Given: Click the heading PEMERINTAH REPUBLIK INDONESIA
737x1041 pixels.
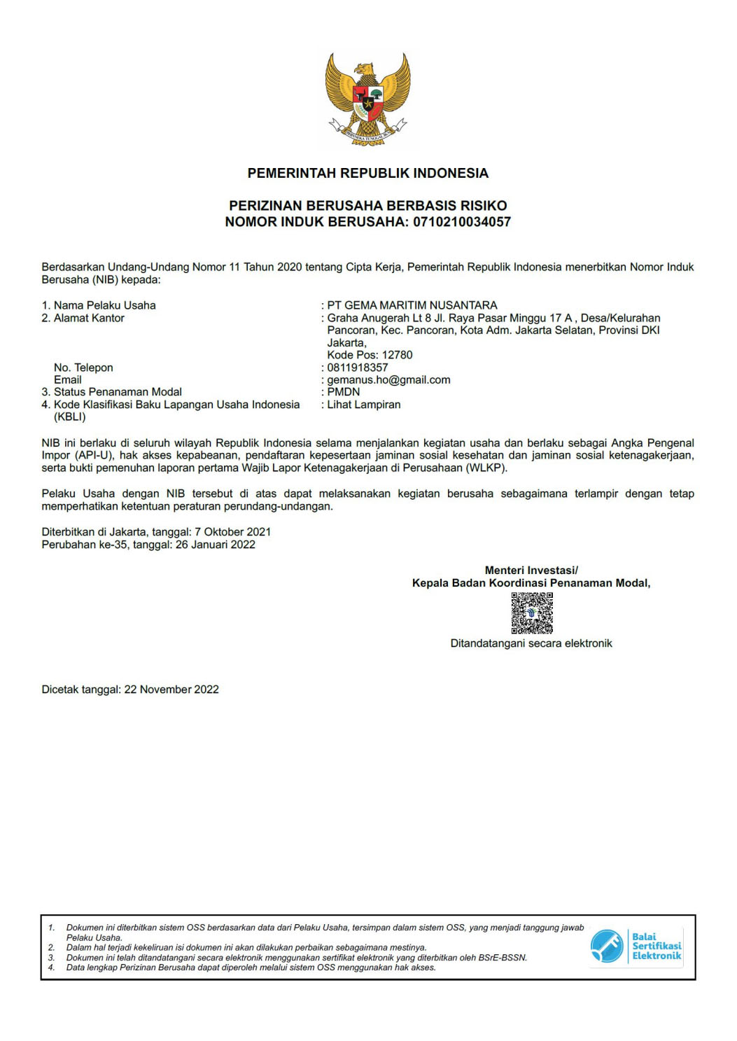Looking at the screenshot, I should click(x=367, y=173).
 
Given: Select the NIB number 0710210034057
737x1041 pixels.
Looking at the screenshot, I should click(x=462, y=222).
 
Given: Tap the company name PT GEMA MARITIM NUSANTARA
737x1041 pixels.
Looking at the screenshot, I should click(x=412, y=305).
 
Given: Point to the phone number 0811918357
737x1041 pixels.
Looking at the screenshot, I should click(x=357, y=368).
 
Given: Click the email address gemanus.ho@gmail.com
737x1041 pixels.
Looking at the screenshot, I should click(x=388, y=379).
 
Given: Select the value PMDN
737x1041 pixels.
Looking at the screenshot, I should click(x=343, y=392).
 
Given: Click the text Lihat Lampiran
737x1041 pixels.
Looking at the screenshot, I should click(x=364, y=405).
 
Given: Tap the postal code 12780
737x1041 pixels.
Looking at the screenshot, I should click(x=397, y=355).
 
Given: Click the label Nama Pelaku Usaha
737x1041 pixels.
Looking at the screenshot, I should click(x=104, y=305).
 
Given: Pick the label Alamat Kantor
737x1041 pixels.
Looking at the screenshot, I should click(x=89, y=318).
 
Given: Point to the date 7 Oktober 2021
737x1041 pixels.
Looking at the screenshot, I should click(x=232, y=532).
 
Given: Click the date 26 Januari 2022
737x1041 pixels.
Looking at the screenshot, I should click(x=215, y=545).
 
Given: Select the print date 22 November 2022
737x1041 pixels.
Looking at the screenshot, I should click(x=171, y=690).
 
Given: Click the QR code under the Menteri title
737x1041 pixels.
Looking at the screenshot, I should click(x=532, y=613).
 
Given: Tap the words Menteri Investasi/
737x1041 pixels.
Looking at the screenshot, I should click(x=531, y=571).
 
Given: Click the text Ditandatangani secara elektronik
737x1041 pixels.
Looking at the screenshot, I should click(x=531, y=643).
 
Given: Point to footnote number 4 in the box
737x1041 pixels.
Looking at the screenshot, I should click(x=51, y=967).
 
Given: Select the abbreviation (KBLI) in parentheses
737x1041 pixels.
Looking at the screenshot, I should click(x=69, y=417).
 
